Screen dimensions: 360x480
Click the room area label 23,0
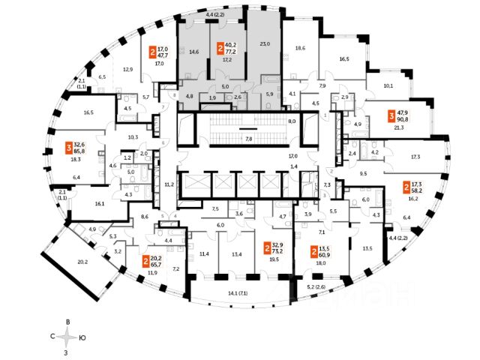(x=264, y=44)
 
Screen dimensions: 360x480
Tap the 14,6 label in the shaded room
(x=193, y=52)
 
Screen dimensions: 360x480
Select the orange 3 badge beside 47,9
(x=391, y=115)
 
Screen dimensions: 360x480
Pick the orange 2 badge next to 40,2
(x=220, y=49)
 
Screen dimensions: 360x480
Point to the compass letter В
(x=68, y=322)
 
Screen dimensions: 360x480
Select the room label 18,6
(x=300, y=47)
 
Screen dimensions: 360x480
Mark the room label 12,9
(x=127, y=70)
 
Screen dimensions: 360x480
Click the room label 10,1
(x=388, y=86)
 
